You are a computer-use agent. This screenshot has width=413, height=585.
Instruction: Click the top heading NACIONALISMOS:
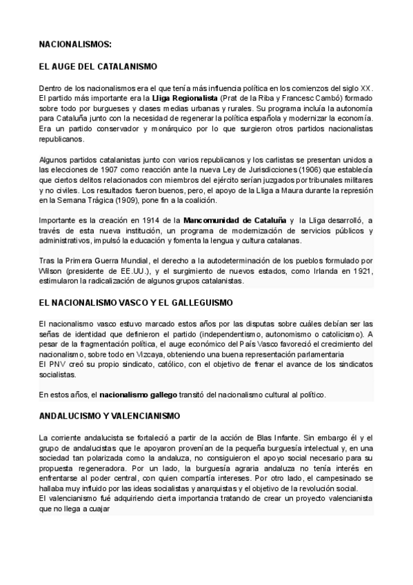tap(74, 45)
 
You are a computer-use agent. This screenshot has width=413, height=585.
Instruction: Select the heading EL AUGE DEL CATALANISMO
tap(98, 67)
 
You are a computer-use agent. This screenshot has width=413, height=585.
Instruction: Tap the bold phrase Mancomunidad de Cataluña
tap(233, 220)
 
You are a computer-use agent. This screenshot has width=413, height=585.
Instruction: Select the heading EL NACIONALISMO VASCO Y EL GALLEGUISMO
tap(136, 303)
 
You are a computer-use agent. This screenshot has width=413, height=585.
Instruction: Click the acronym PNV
tap(57, 364)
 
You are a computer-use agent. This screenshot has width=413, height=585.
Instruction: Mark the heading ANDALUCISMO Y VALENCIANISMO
tap(110, 416)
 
